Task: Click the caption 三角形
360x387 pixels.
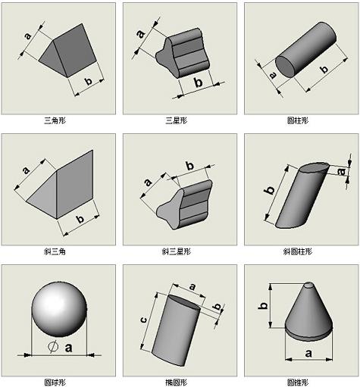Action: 58,120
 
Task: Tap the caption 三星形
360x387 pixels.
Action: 179,120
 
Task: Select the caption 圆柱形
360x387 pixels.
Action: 300,120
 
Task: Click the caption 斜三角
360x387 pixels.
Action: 58,251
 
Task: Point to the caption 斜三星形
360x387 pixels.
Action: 179,251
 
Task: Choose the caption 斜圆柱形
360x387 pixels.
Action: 300,251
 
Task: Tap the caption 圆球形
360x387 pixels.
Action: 58,381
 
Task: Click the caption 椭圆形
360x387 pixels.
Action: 179,381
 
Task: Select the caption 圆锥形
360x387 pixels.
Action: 300,381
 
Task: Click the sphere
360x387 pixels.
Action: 60,312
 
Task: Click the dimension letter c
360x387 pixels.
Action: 144,321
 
